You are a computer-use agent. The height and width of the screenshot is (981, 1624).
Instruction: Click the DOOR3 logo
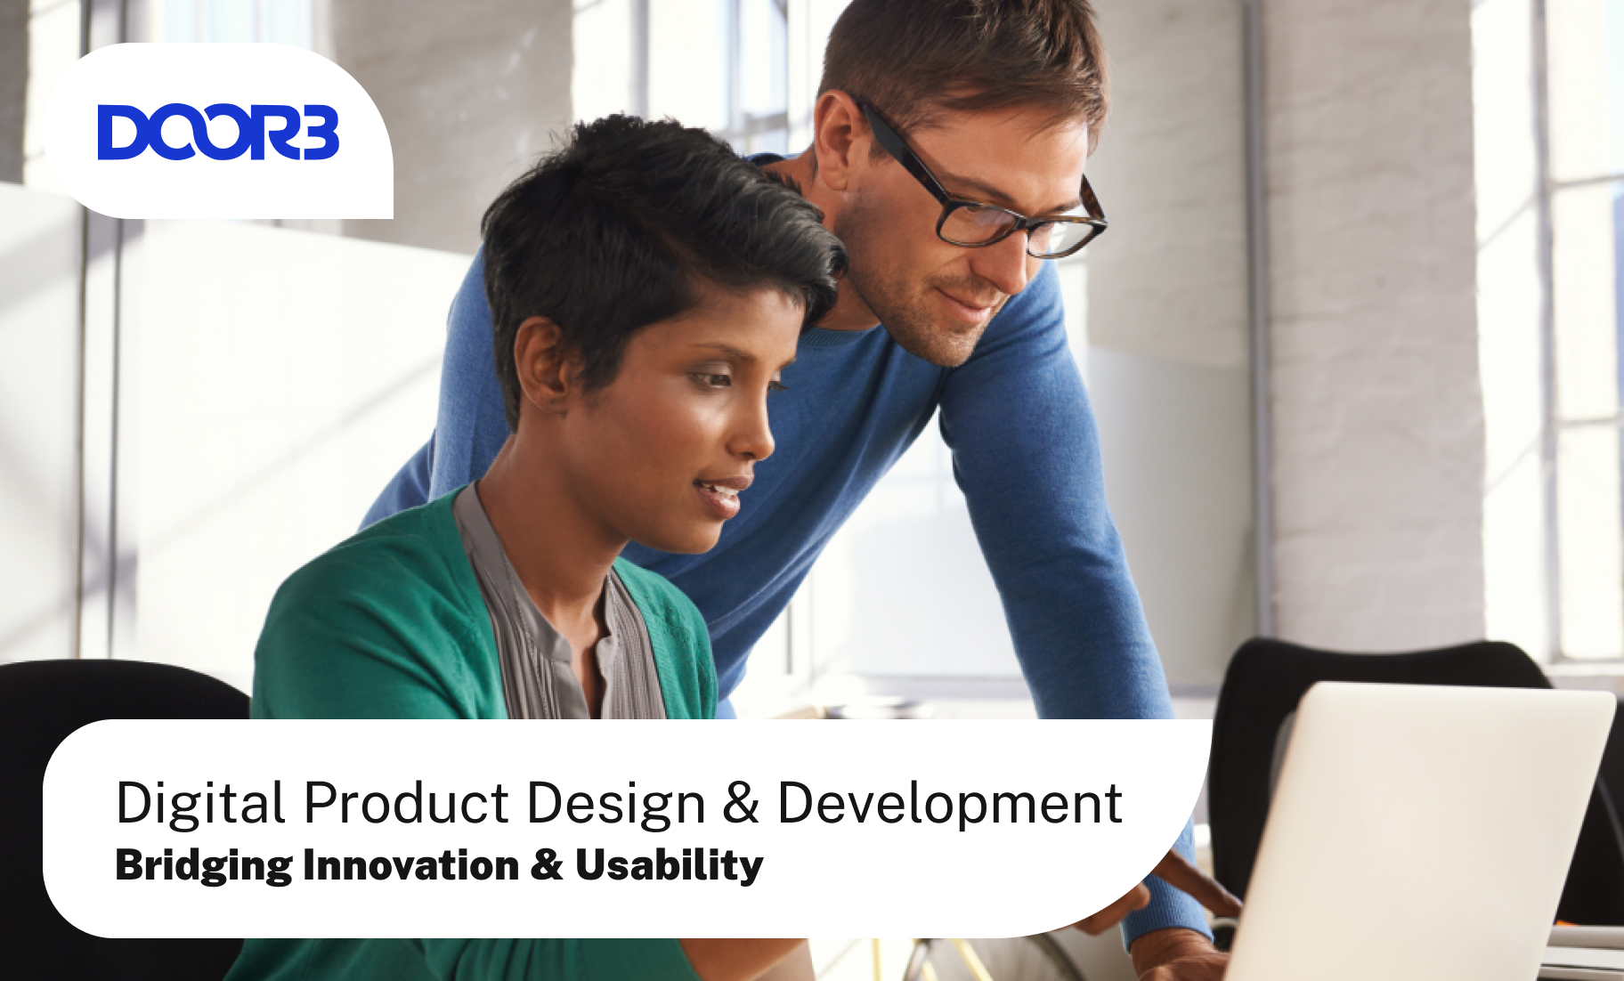click(x=218, y=133)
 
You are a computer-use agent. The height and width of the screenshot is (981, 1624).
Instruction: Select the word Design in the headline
click(x=616, y=804)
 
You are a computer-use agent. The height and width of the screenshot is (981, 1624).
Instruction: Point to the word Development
click(x=950, y=804)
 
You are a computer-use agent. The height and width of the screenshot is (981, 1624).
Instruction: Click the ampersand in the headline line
click(x=742, y=802)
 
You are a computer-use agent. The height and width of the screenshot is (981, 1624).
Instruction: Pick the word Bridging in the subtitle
click(x=204, y=866)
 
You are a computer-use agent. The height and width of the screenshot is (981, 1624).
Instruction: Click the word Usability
click(x=670, y=866)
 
